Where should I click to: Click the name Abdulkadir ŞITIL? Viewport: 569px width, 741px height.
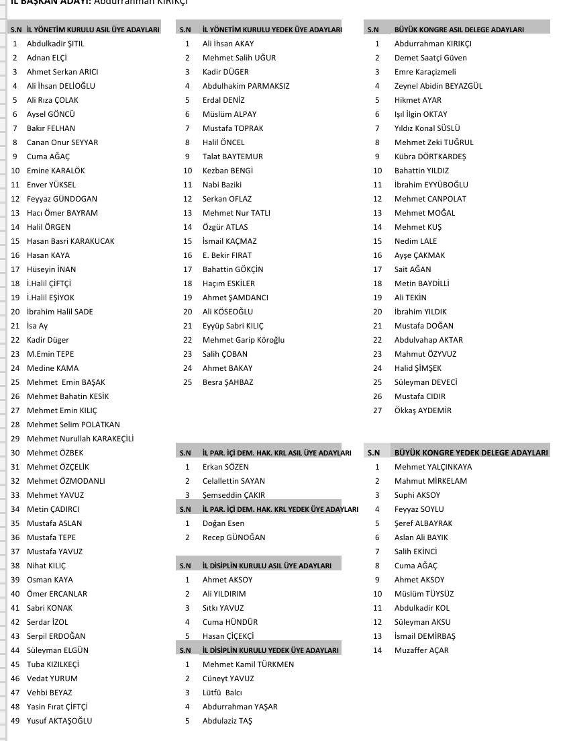click(56, 44)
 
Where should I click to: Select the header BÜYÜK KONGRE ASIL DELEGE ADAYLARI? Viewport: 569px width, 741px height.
click(459, 30)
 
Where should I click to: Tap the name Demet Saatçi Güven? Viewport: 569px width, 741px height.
click(430, 58)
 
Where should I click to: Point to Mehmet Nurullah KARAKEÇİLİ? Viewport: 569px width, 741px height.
click(80, 439)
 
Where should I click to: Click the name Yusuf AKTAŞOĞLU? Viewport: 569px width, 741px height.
click(59, 721)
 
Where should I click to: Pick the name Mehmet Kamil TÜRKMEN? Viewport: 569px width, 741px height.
click(248, 664)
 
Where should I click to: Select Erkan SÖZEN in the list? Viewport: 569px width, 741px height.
click(225, 467)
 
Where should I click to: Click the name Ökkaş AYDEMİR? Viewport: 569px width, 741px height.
click(423, 410)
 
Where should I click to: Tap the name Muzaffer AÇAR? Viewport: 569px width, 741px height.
click(421, 650)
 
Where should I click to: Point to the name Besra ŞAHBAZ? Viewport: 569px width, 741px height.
click(227, 382)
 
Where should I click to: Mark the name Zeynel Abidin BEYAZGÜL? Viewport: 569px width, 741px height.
click(438, 86)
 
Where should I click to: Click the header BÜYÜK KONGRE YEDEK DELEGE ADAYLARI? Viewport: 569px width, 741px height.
click(470, 453)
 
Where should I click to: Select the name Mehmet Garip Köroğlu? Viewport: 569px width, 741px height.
click(243, 340)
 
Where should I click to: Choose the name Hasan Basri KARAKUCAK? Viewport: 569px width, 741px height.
click(70, 241)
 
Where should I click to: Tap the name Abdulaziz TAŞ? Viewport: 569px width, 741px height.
click(227, 721)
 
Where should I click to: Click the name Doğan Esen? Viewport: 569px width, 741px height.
click(223, 523)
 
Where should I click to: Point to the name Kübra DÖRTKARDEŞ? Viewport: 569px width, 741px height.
click(430, 157)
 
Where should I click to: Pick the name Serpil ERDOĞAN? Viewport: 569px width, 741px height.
click(56, 636)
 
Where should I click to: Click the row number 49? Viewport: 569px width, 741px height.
click(15, 721)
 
